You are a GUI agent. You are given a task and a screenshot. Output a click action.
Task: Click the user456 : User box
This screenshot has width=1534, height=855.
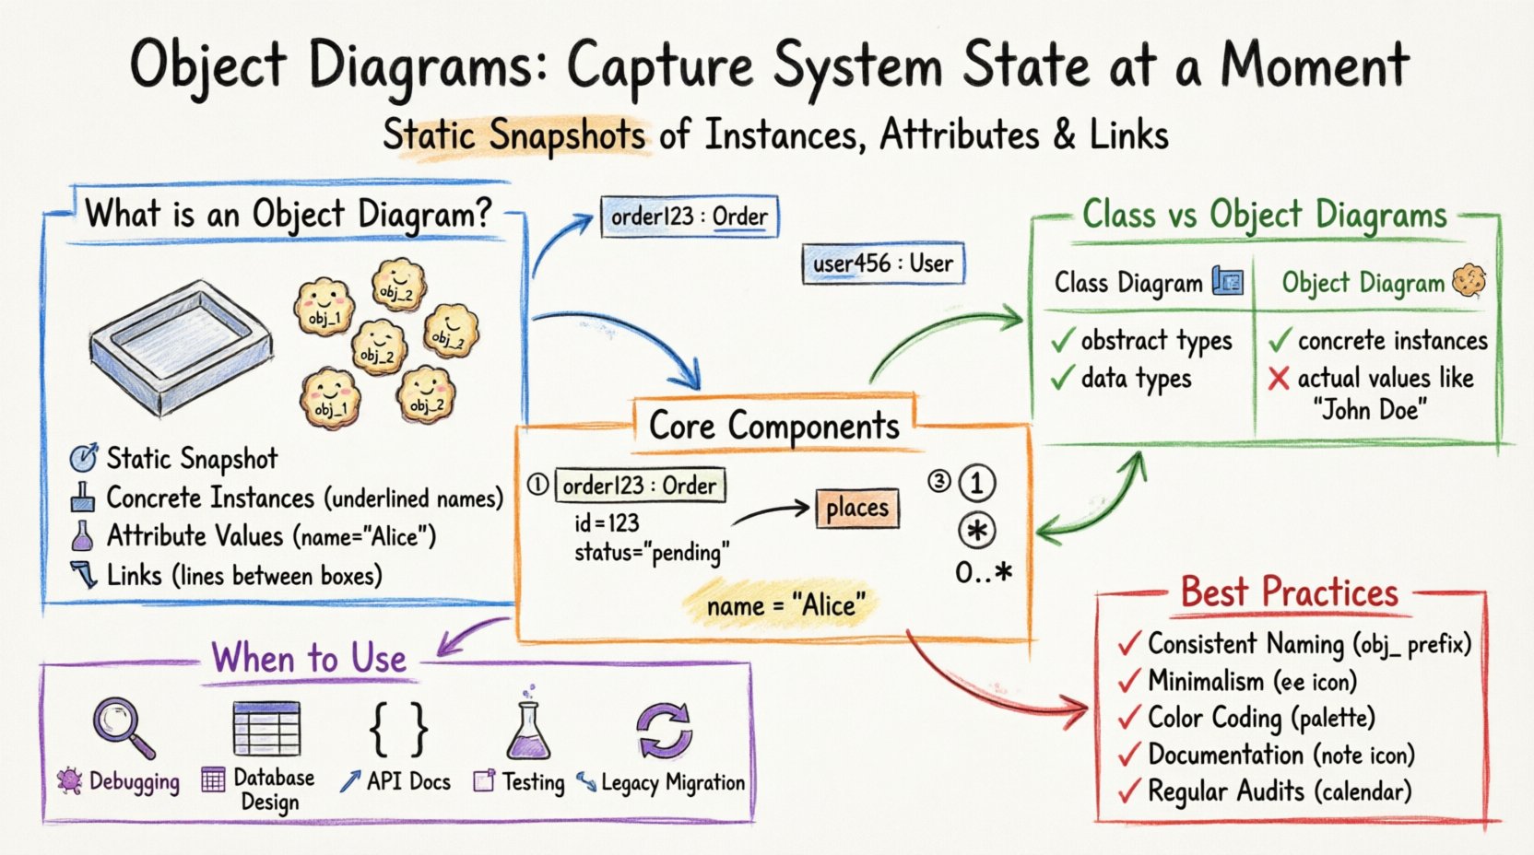tap(882, 264)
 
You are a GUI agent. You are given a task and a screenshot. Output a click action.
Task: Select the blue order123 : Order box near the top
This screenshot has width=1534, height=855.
tap(689, 217)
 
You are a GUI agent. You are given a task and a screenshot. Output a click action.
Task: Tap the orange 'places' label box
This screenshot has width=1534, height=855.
tap(856, 509)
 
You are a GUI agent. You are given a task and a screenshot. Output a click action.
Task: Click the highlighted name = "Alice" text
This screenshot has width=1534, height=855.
tap(785, 606)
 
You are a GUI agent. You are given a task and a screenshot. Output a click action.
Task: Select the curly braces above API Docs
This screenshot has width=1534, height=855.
tap(398, 728)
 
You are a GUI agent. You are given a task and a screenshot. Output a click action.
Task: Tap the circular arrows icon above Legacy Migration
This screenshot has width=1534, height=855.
tap(664, 730)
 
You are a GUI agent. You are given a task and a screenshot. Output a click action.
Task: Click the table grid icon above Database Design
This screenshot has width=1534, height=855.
tap(266, 728)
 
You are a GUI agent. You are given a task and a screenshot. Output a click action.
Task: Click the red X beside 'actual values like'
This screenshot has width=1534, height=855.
tap(1279, 379)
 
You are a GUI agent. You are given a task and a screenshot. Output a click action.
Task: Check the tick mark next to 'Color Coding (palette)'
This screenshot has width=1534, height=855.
tap(1129, 719)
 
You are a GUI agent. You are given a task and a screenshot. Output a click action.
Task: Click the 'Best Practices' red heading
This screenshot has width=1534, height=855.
tap(1289, 592)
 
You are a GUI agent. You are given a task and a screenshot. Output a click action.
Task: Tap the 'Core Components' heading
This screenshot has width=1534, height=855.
tap(774, 426)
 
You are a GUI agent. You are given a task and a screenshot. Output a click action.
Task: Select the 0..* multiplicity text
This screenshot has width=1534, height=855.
tap(984, 574)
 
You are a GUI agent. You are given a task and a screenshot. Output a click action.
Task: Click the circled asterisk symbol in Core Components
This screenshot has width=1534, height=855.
tap(977, 532)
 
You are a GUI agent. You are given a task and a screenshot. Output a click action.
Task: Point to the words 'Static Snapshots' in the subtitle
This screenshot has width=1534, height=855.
tap(513, 135)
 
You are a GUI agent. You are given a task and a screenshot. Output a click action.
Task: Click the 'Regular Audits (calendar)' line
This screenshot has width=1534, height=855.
tap(1279, 791)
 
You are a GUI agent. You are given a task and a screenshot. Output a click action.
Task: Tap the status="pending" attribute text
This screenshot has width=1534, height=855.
tap(652, 553)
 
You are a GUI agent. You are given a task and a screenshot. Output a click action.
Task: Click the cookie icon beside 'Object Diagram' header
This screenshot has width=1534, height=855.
tap(1469, 281)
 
